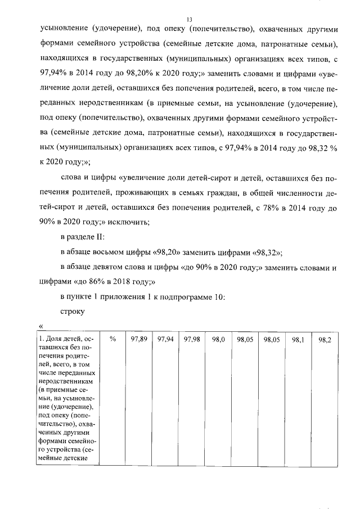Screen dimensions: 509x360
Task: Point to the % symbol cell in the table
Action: coord(112,340)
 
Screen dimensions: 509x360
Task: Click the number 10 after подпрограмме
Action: coord(219,296)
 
